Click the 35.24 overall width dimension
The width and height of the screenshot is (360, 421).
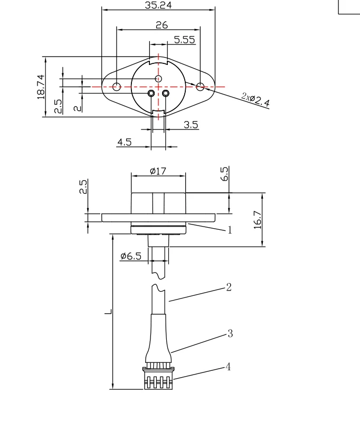(x=158, y=5)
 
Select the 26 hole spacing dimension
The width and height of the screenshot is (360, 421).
(x=162, y=25)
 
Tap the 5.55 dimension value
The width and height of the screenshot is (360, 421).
(x=184, y=40)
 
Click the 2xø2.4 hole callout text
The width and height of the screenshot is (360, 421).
(x=255, y=99)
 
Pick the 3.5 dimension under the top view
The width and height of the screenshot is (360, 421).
(x=191, y=125)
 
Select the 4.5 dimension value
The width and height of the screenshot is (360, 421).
(x=125, y=142)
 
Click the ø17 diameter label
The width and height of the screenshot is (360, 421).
(x=158, y=171)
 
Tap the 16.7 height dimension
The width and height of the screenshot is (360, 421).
(x=258, y=218)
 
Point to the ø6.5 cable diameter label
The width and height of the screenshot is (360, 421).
(x=131, y=256)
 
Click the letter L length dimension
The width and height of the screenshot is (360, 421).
(x=108, y=312)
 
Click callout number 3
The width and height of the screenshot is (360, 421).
(x=230, y=334)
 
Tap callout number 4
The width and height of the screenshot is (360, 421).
(x=228, y=366)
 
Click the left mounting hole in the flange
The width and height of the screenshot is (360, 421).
(x=117, y=87)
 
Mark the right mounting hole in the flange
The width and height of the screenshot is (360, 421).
(x=200, y=86)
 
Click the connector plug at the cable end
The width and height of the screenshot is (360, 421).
(x=158, y=378)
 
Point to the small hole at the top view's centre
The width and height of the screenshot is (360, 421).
(x=158, y=79)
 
